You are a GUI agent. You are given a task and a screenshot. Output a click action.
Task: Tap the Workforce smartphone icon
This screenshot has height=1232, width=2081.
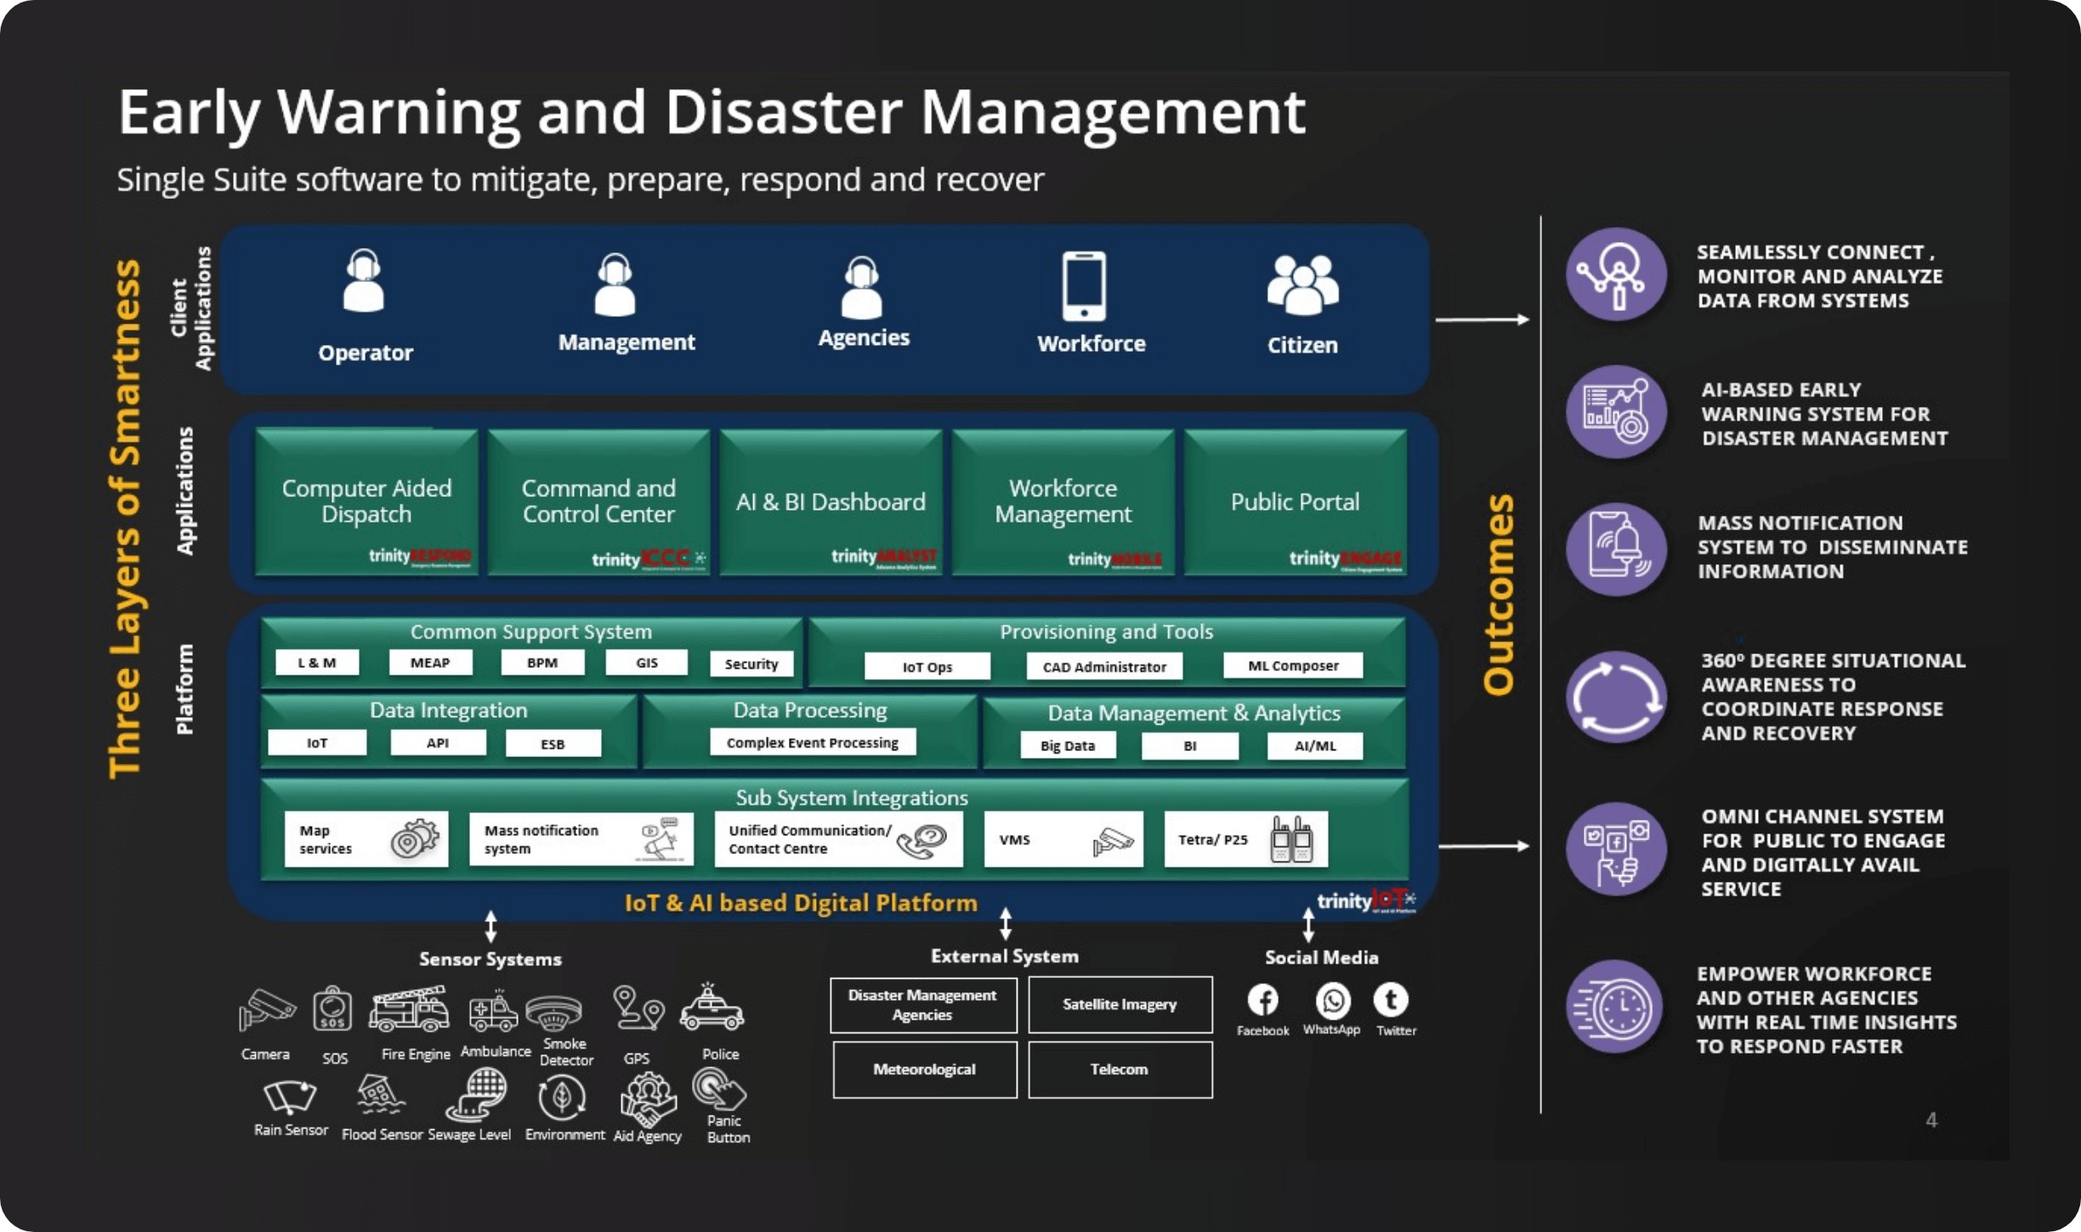[1084, 285]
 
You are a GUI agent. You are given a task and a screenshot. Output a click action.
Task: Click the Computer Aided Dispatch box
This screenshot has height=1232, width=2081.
[366, 502]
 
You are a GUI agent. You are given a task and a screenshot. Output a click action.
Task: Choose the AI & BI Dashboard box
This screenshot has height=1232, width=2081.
[831, 502]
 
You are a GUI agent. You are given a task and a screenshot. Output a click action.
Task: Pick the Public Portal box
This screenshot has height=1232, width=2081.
[1295, 502]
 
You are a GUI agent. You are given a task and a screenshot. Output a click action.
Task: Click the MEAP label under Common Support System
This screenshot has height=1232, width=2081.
[430, 663]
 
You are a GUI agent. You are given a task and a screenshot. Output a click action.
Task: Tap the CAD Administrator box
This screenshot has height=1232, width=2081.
[1104, 667]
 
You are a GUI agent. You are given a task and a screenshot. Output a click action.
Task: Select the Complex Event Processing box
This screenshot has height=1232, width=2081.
[813, 743]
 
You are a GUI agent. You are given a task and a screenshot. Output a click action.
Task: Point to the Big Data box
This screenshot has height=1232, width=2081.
[1068, 746]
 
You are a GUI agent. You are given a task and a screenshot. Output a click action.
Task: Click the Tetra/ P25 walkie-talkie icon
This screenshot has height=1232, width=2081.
[1291, 839]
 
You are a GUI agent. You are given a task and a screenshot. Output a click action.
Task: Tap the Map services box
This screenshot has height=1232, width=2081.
[366, 839]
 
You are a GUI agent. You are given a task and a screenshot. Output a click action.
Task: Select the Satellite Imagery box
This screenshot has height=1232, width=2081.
[1120, 1004]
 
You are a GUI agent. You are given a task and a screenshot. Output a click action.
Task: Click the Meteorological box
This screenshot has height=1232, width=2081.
[924, 1070]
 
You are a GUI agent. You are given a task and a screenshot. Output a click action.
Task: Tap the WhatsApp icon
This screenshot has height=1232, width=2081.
[1332, 1001]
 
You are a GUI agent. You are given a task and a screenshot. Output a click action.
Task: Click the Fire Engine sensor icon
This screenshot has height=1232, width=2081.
[409, 1010]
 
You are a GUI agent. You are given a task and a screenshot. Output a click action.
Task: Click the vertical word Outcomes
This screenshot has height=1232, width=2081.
[1498, 594]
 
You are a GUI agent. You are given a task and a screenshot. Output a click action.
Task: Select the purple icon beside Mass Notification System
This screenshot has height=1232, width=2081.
[1616, 548]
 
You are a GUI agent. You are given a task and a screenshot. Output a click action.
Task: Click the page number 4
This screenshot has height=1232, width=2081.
[1931, 1120]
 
